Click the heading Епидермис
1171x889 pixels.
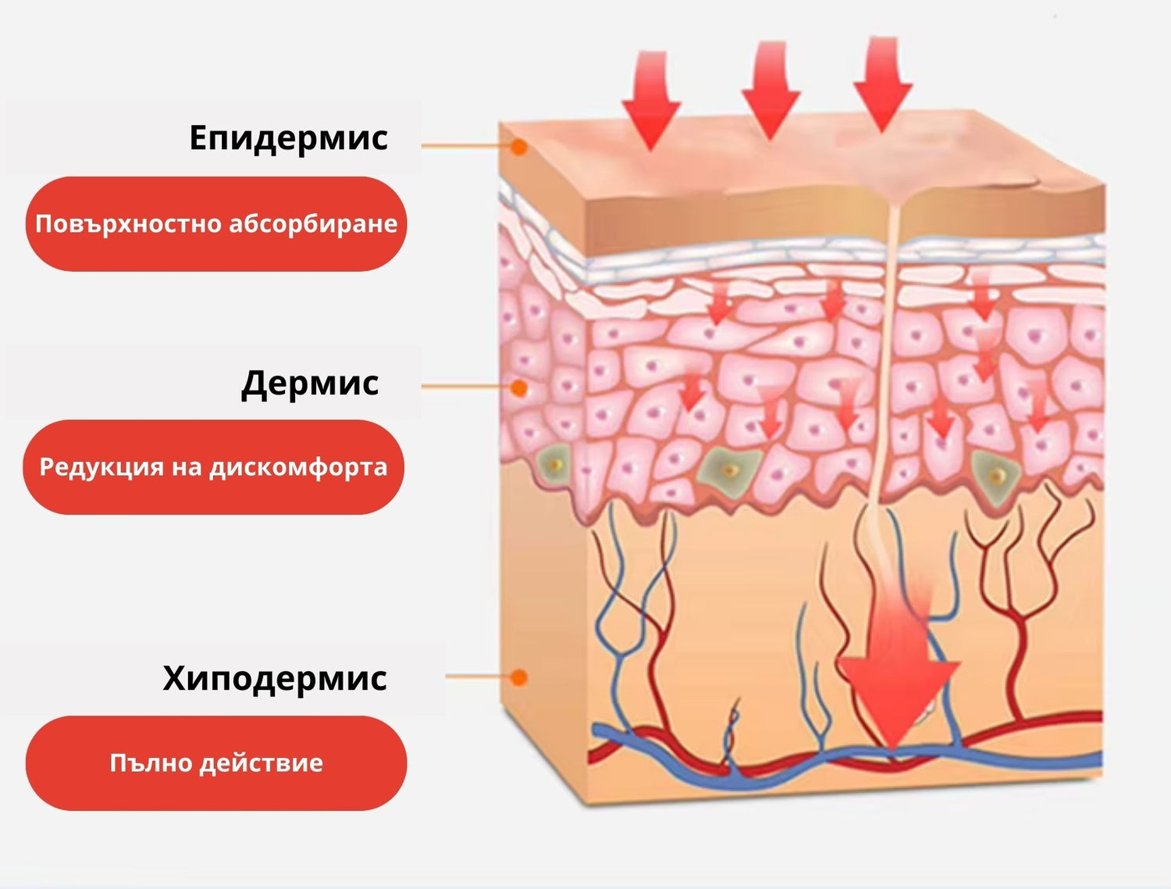pyautogui.click(x=288, y=137)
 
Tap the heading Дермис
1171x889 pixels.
pyautogui.click(x=310, y=383)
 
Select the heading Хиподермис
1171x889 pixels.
pyautogui.click(x=275, y=677)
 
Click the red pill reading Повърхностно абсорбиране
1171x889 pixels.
pyautogui.click(x=216, y=224)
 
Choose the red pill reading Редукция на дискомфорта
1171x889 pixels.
pyautogui.click(x=213, y=467)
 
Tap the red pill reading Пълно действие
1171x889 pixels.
pyautogui.click(x=216, y=763)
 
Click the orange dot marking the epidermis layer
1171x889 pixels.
pyautogui.click(x=518, y=146)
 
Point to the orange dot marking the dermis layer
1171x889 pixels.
pyautogui.click(x=518, y=387)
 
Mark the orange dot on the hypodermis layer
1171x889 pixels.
pyautogui.click(x=518, y=677)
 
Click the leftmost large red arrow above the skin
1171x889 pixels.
pyautogui.click(x=651, y=98)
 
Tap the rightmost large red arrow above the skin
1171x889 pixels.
pyautogui.click(x=883, y=82)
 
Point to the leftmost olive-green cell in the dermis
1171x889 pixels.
pyautogui.click(x=555, y=464)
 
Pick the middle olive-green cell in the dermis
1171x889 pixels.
pyautogui.click(x=730, y=469)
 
